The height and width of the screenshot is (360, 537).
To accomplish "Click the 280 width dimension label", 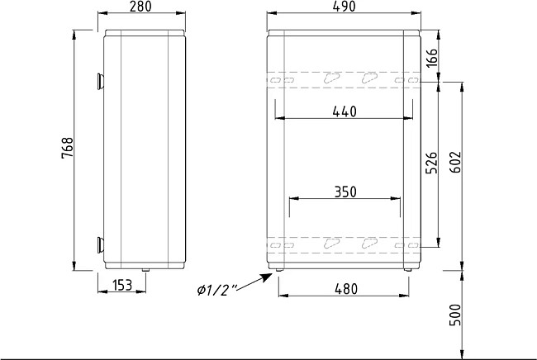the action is click(140, 7).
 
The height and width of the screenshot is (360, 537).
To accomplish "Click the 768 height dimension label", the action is click(68, 148).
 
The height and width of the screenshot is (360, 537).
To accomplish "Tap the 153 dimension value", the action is click(122, 285).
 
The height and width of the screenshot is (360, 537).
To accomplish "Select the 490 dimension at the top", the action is click(345, 7).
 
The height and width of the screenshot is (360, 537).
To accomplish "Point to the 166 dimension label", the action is click(432, 58).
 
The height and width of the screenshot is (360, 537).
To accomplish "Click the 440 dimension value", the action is click(345, 111).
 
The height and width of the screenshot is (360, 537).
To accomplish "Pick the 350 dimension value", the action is click(345, 192).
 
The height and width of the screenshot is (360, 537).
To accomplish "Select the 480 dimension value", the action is click(346, 289).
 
